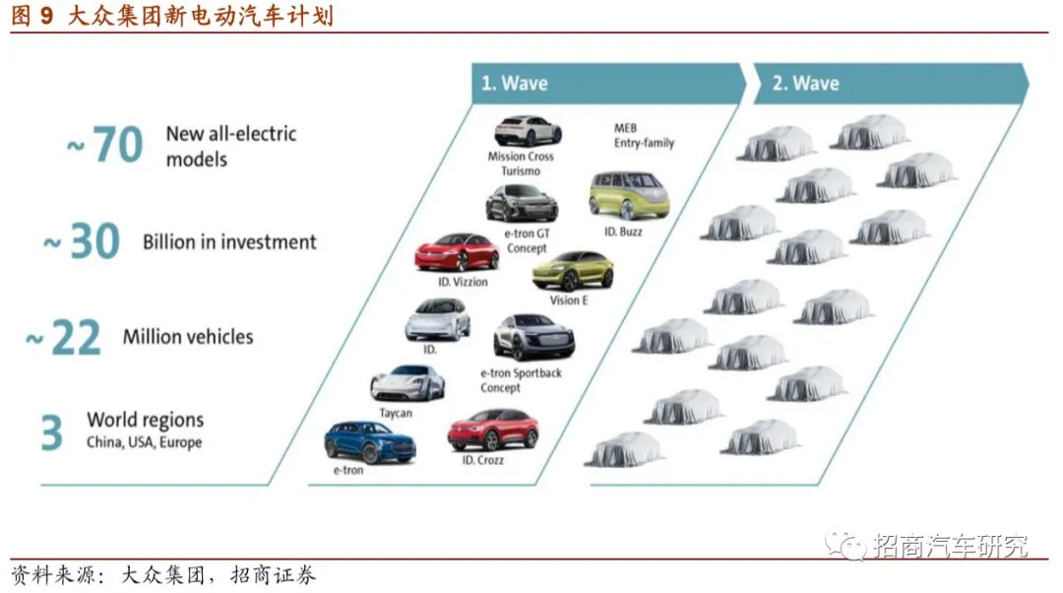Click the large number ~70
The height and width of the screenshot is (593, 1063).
pyautogui.click(x=106, y=146)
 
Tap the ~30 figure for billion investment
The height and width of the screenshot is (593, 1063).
pyautogui.click(x=83, y=242)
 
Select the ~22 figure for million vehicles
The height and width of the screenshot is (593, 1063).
pyautogui.click(x=65, y=338)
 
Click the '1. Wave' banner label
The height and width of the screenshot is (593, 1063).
pyautogui.click(x=514, y=84)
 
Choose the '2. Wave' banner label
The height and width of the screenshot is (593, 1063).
pyautogui.click(x=805, y=84)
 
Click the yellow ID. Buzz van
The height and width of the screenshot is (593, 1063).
pyautogui.click(x=629, y=195)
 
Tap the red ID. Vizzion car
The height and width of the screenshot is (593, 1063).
pyautogui.click(x=457, y=253)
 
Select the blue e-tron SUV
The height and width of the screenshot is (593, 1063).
pyautogui.click(x=370, y=442)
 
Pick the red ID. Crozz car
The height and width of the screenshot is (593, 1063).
pyautogui.click(x=493, y=430)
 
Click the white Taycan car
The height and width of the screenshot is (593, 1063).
pyautogui.click(x=407, y=383)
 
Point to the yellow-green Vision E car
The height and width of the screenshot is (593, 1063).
pyautogui.click(x=573, y=271)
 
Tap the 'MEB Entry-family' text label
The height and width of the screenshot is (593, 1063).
pyautogui.click(x=644, y=136)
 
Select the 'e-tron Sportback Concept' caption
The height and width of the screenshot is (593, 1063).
pyautogui.click(x=521, y=380)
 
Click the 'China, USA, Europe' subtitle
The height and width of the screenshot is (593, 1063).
pyautogui.click(x=144, y=443)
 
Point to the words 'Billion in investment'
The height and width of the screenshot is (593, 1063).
pyautogui.click(x=229, y=242)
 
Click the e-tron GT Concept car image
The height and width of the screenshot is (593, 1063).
pyautogui.click(x=522, y=204)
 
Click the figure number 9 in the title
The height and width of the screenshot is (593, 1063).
pyautogui.click(x=46, y=17)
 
